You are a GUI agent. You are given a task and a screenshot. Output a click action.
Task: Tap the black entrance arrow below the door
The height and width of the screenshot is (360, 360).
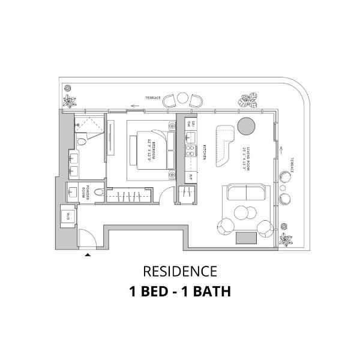tap(88, 255)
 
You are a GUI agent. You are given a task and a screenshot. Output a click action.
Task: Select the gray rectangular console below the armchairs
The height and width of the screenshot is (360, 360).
tap(246, 238)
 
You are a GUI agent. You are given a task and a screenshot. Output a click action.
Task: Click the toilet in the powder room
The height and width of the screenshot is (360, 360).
tap(100, 193)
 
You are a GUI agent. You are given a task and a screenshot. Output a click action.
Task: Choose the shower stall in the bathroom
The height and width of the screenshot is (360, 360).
tap(90, 127)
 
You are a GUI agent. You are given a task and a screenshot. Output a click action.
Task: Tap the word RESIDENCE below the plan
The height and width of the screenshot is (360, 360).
tap(179, 272)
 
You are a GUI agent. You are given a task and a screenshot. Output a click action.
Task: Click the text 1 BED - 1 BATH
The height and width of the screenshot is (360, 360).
tap(179, 292)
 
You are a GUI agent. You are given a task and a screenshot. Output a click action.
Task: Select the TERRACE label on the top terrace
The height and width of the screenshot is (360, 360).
tap(154, 97)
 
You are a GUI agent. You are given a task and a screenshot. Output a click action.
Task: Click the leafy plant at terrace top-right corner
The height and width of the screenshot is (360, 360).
tap(247, 101)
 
